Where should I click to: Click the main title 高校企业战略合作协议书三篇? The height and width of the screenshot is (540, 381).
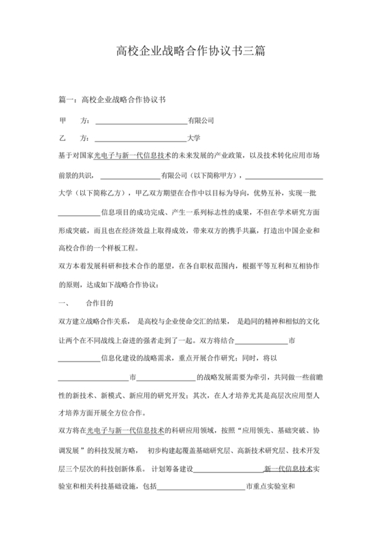click(x=190, y=51)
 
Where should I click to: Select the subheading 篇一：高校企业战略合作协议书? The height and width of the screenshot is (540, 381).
click(x=112, y=100)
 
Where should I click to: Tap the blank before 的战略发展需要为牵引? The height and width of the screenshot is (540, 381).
click(x=167, y=376)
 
